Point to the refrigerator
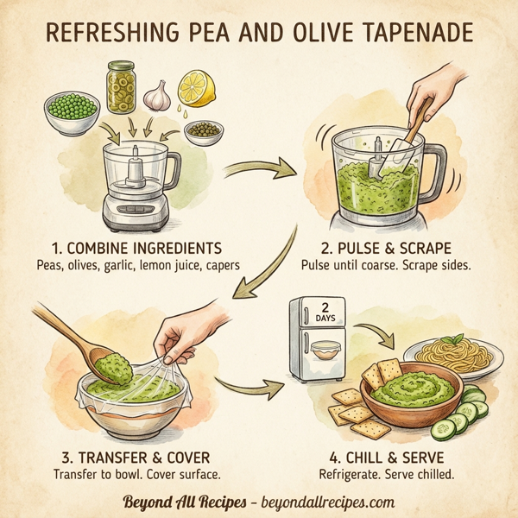316,338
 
